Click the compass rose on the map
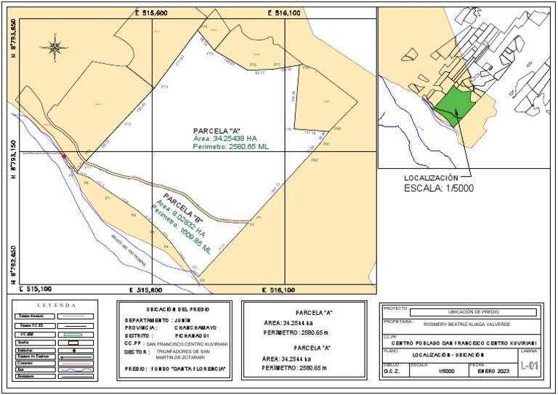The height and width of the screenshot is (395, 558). [x=54, y=47]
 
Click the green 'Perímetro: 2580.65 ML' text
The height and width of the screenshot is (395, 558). [x=231, y=146]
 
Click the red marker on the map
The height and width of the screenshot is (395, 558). [x=64, y=156]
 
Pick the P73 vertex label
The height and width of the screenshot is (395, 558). [x=164, y=87]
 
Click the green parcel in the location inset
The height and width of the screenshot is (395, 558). [x=457, y=106]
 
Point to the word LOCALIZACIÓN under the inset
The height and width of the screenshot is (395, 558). [x=431, y=177]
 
